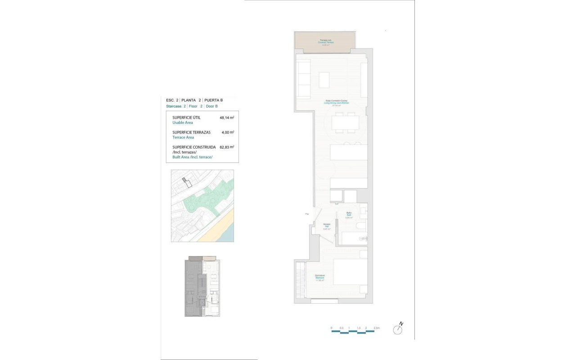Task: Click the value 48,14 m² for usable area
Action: tap(227, 118)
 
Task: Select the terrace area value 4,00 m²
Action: tap(227, 133)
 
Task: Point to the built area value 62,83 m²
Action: tap(227, 147)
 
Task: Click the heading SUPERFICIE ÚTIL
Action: tap(186, 118)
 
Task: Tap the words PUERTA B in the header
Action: tap(214, 100)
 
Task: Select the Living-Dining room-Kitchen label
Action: tap(337, 103)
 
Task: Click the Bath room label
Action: tap(348, 215)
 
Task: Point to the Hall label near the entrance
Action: tap(327, 226)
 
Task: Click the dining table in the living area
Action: tap(346, 122)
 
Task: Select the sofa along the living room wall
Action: tap(303, 79)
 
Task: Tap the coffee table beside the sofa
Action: tap(324, 80)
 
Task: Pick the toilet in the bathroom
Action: tap(361, 225)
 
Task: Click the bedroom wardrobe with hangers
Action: tap(300, 281)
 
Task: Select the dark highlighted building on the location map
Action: tap(186, 181)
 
